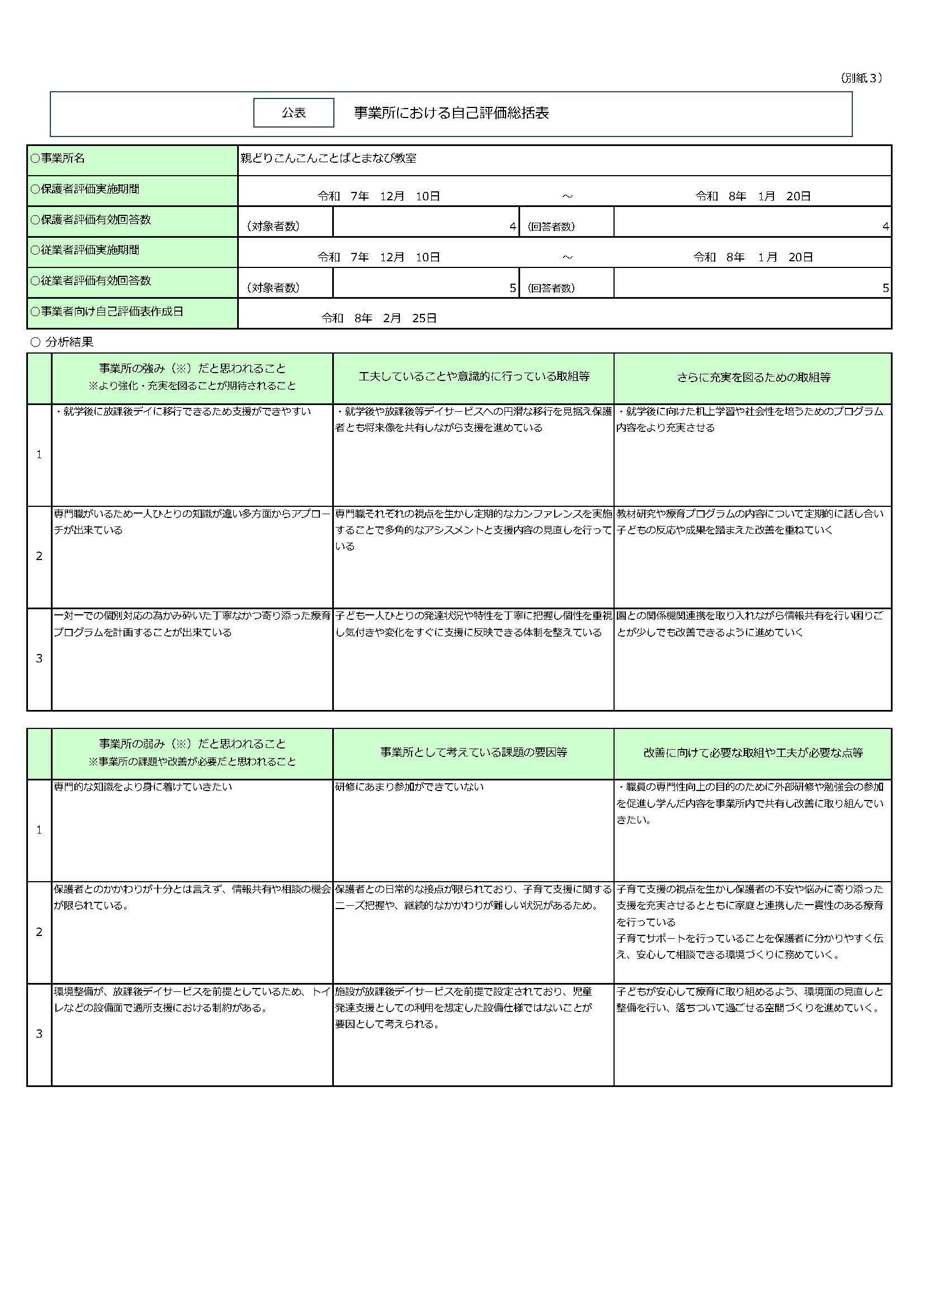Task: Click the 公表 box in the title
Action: [x=294, y=113]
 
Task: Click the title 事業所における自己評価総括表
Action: [x=451, y=113]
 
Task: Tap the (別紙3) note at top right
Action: [x=861, y=78]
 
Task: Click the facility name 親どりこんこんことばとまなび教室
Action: [x=328, y=158]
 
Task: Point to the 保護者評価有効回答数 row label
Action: [x=91, y=220]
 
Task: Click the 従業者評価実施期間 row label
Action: [x=85, y=250]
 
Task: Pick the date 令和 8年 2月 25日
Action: [x=379, y=318]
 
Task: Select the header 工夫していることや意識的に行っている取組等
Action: [x=473, y=377]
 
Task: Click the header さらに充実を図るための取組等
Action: [x=753, y=377]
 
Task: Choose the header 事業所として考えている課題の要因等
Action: [x=473, y=752]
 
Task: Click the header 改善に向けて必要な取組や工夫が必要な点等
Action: [x=753, y=752]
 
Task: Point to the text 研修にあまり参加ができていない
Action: [x=409, y=787]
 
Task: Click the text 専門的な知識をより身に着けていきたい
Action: [x=143, y=787]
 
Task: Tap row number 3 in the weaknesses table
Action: [x=39, y=1034]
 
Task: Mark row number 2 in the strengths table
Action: [x=39, y=556]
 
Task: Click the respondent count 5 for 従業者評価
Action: [x=885, y=288]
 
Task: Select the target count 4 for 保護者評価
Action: [x=513, y=227]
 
